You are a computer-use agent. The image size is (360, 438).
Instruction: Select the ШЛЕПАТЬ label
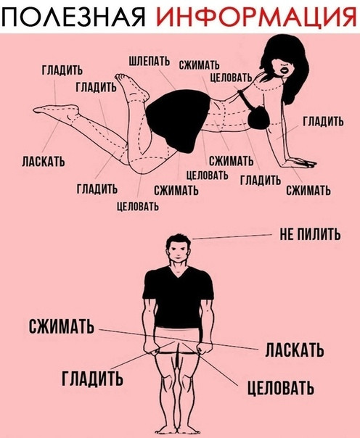click(x=150, y=61)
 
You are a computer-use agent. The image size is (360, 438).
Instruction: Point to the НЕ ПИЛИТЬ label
click(x=310, y=234)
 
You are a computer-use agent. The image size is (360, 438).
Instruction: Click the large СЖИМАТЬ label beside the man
click(x=61, y=326)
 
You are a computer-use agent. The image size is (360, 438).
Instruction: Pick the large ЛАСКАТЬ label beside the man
click(x=295, y=350)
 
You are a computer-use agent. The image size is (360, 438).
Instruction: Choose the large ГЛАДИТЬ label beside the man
click(x=92, y=378)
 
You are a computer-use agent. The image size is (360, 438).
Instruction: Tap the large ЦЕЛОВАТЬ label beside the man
click(x=281, y=388)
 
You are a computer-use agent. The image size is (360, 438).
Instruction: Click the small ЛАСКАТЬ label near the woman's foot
click(x=44, y=161)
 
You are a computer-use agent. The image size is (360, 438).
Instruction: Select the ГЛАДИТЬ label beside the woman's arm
click(x=324, y=122)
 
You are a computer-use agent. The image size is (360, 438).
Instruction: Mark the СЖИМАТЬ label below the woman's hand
click(x=308, y=191)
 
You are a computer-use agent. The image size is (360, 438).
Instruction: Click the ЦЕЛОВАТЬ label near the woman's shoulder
click(x=231, y=78)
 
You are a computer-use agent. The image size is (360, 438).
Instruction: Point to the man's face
click(x=179, y=249)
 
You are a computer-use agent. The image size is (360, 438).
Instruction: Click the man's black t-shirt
click(x=179, y=296)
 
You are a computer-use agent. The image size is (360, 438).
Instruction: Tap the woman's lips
click(x=285, y=70)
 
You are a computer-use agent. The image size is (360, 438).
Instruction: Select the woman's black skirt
click(x=179, y=120)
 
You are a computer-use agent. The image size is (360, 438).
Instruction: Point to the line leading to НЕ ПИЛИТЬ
click(x=232, y=236)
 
